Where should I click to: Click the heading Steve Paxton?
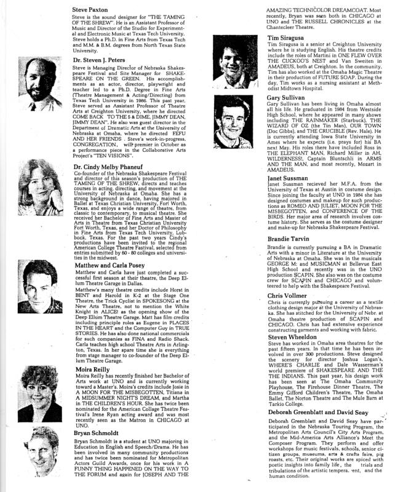click(x=89, y=10)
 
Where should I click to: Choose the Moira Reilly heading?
click(x=92, y=381)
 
